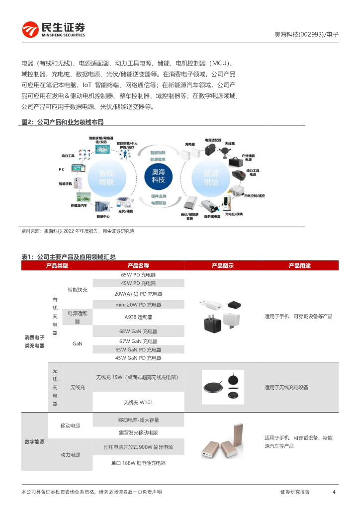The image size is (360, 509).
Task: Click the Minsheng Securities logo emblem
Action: coord(29,30)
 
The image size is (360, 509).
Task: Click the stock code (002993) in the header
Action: coord(312,35)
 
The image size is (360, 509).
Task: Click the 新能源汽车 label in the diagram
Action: coord(79,205)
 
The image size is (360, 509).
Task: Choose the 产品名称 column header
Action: coord(138,266)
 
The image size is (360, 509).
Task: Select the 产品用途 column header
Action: coord(299,266)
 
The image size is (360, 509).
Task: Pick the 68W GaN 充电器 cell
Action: coord(138,331)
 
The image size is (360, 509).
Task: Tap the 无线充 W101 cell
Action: coord(138,402)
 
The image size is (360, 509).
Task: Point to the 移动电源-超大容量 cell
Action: coord(138,420)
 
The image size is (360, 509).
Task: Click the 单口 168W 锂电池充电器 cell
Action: coord(138,463)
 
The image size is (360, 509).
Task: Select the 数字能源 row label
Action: coord(34,441)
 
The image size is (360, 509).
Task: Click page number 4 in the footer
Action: coord(334,492)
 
